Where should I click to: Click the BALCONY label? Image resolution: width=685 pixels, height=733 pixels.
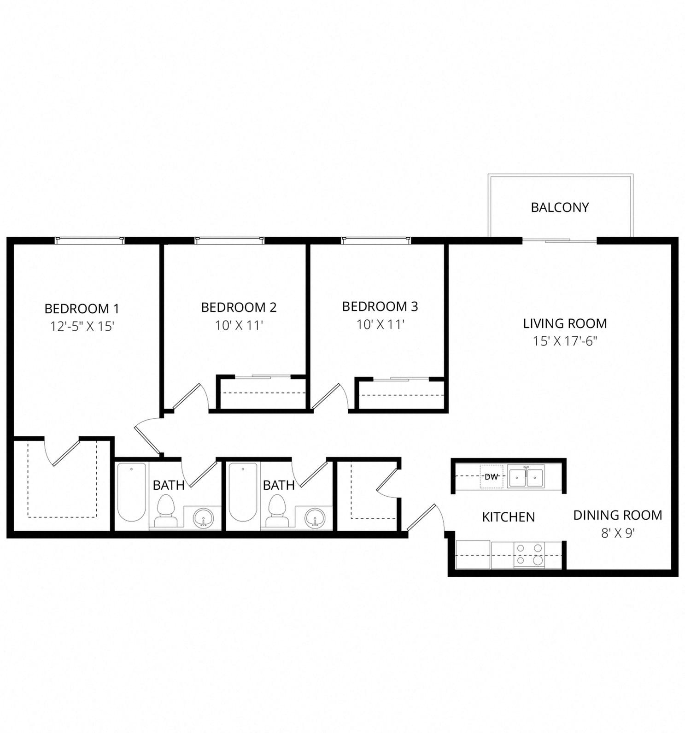(x=560, y=207)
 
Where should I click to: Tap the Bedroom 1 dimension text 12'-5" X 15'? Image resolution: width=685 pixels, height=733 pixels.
(x=82, y=326)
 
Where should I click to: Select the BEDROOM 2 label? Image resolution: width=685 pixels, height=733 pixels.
(x=239, y=307)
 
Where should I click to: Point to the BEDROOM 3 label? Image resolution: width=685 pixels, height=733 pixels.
(x=380, y=306)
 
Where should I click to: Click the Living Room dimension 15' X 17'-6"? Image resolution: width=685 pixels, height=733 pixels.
(x=565, y=341)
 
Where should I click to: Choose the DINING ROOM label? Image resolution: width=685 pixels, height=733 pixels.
(x=617, y=515)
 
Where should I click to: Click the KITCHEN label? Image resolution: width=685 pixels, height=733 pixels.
(x=508, y=517)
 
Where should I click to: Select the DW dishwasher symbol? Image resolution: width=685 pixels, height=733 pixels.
(x=491, y=477)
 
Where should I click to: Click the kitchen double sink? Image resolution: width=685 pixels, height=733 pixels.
(x=526, y=476)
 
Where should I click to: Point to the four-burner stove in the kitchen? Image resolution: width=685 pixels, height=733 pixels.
(x=529, y=554)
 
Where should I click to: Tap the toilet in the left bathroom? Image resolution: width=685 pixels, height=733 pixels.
(x=165, y=510)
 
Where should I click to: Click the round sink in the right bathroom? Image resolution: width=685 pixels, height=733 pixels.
(x=315, y=518)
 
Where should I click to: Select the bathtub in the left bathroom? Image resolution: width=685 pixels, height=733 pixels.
(x=131, y=492)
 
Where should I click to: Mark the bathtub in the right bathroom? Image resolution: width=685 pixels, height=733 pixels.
(x=243, y=492)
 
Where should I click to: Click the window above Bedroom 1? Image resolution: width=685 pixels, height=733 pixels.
(x=90, y=240)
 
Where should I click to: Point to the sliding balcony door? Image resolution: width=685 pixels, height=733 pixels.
(x=559, y=240)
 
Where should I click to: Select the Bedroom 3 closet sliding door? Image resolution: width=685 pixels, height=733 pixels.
(x=401, y=379)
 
